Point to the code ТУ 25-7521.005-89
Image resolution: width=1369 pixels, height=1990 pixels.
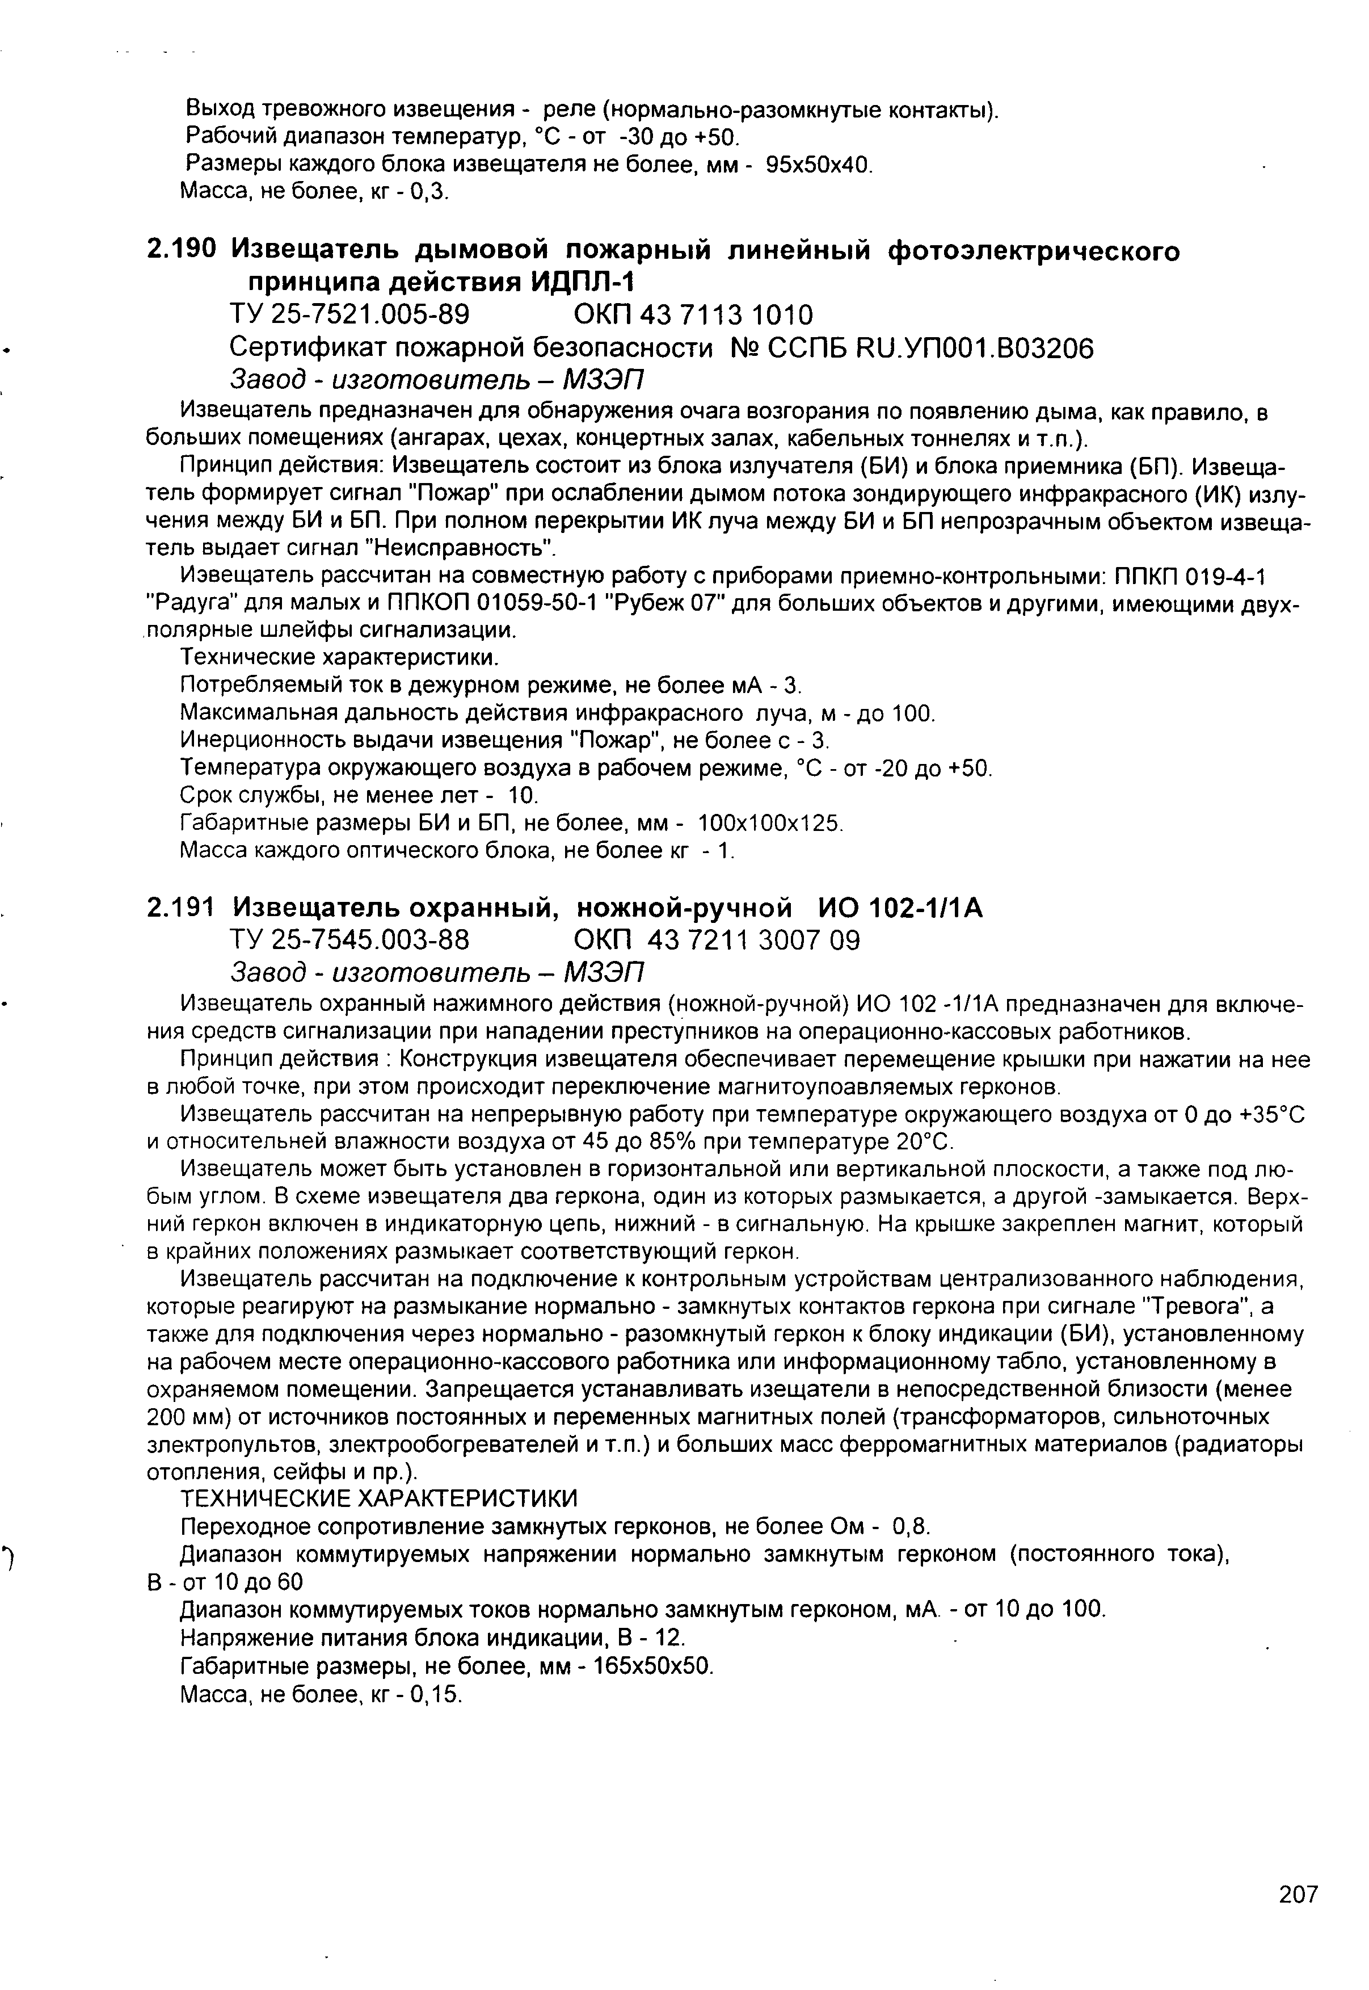click(350, 315)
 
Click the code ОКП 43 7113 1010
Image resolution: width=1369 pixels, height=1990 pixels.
click(693, 315)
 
